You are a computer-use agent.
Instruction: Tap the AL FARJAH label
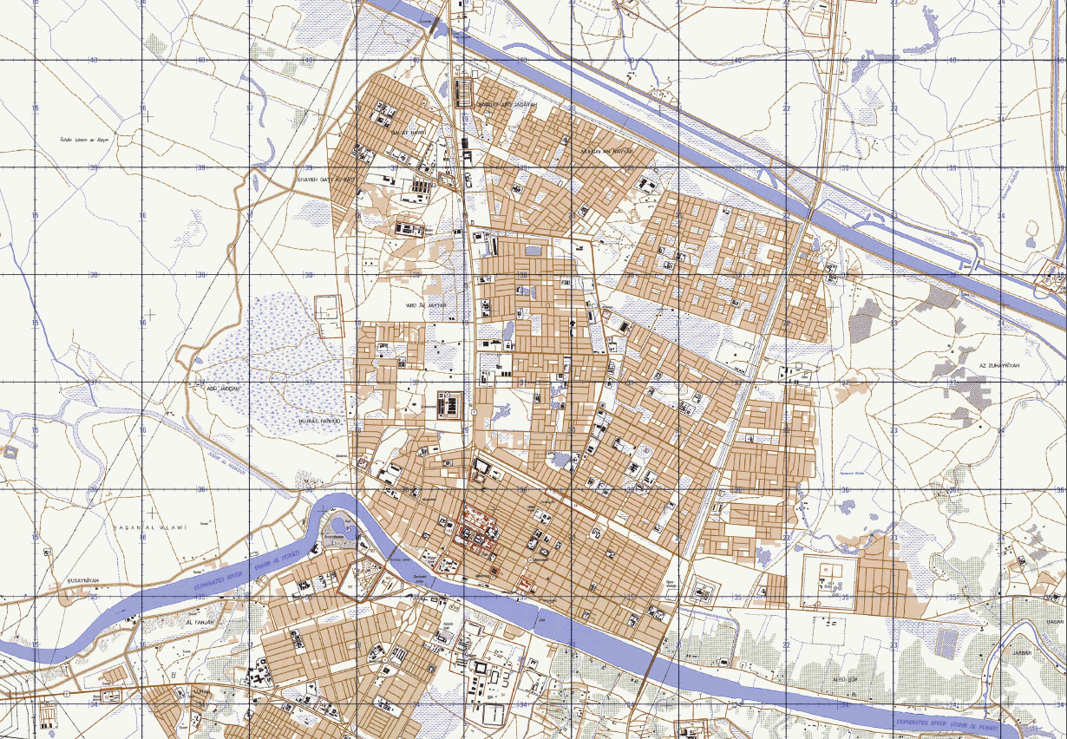[199, 622]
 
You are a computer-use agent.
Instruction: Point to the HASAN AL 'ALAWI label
[151, 526]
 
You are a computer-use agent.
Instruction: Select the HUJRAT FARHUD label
[320, 421]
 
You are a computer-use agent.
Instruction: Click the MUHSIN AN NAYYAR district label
[607, 151]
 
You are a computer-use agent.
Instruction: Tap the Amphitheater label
[334, 536]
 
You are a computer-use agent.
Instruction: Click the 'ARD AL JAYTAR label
[426, 306]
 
